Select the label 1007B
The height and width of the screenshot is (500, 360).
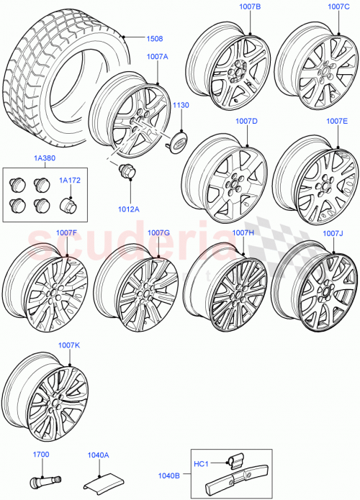click(250, 6)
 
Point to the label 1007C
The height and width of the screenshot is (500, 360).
click(338, 6)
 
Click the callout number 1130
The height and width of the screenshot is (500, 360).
click(180, 105)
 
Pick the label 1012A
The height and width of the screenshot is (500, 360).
click(130, 211)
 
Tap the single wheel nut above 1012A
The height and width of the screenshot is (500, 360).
click(128, 173)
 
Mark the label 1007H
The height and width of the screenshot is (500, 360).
click(243, 232)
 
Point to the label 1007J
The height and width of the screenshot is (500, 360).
click(333, 233)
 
